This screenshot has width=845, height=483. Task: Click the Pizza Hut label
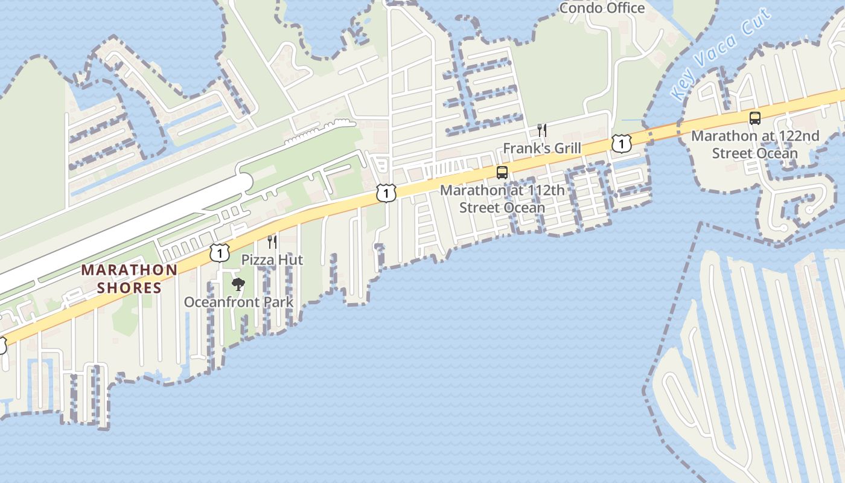coord(272,260)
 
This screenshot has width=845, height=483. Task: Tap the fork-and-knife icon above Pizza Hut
coord(272,242)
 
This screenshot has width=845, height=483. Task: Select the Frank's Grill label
coord(542,149)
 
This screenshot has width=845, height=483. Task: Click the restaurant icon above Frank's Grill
coord(542,130)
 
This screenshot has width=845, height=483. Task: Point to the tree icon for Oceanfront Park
coord(238,284)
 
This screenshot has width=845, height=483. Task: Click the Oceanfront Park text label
coord(238,302)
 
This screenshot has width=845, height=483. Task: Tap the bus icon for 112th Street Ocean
coord(502,173)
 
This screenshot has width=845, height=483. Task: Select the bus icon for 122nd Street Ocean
coord(755,118)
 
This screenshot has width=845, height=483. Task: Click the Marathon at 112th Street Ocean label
coord(502,199)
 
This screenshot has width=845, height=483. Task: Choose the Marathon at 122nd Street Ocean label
coord(755,144)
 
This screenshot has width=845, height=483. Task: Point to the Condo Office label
coord(602,8)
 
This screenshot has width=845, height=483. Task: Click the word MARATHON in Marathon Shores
coord(130,270)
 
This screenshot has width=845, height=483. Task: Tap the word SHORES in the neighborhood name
coord(130,287)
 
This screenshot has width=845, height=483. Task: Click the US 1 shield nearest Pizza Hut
coord(219,252)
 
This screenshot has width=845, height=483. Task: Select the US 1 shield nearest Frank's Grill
coord(621,143)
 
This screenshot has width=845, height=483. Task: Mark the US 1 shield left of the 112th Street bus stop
coord(386,193)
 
